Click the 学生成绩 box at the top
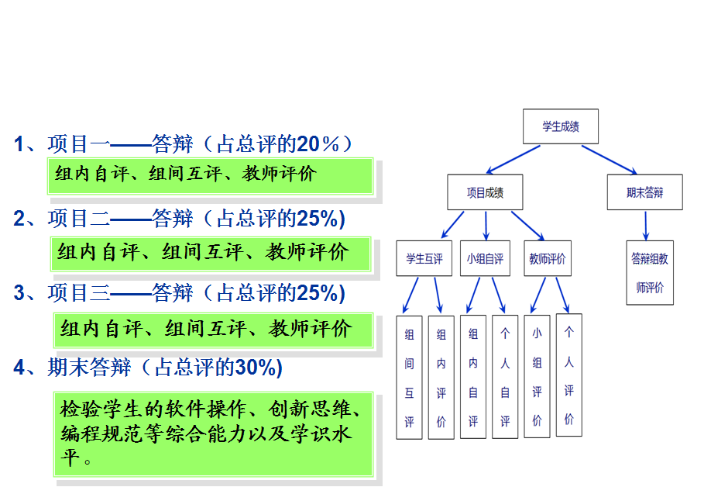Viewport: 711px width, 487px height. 561,126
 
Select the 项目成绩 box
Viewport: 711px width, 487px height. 485,192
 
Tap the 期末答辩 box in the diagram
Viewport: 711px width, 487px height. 644,192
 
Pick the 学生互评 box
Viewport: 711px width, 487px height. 424,258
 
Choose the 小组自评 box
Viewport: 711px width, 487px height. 485,258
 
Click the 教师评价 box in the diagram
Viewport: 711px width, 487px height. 547,258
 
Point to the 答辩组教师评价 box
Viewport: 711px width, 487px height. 650,272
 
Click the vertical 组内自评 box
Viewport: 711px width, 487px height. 473,376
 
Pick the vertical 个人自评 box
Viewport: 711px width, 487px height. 505,376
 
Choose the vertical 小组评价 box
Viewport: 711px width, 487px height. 537,375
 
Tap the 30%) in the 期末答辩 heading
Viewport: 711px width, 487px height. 259,368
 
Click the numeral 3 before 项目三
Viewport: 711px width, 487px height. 20,293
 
